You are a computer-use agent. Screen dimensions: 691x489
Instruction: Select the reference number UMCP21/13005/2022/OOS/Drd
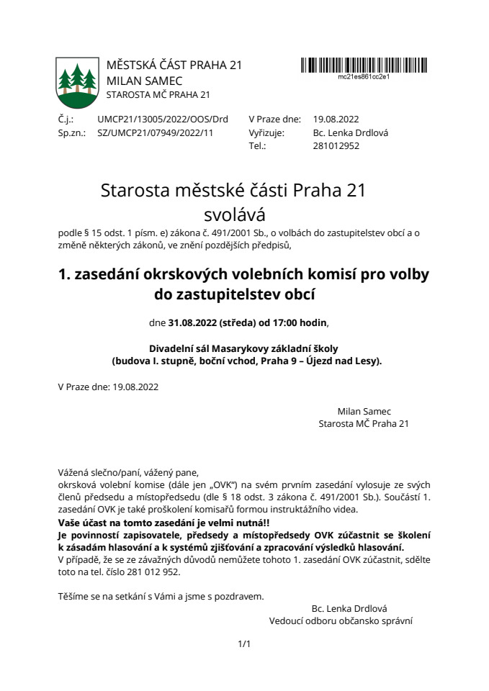pyautogui.click(x=162, y=119)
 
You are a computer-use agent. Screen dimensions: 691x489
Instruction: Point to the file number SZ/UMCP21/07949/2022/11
pyautogui.click(x=155, y=132)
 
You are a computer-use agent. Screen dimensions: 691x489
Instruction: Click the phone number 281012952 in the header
pyautogui.click(x=336, y=145)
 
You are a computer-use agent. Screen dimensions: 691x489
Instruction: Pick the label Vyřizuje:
pyautogui.click(x=266, y=132)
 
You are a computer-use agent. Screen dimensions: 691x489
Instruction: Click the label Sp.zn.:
pyautogui.click(x=71, y=132)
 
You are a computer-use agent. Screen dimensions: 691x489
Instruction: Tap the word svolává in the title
pyautogui.click(x=234, y=214)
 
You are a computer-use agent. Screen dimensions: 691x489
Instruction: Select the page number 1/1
pyautogui.click(x=244, y=643)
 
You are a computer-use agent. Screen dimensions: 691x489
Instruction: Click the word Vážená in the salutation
pyautogui.click(x=74, y=473)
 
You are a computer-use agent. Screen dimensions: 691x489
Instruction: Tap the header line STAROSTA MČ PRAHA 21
pyautogui.click(x=158, y=94)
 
